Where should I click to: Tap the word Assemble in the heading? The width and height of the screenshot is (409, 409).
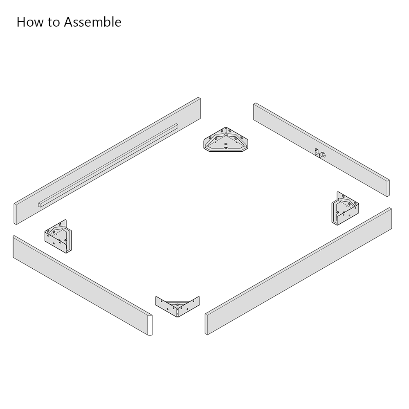click(x=93, y=22)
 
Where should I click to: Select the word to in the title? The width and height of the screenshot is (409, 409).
click(x=54, y=22)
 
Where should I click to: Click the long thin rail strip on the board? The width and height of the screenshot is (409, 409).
click(x=108, y=165)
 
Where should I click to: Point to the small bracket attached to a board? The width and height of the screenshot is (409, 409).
click(x=320, y=153)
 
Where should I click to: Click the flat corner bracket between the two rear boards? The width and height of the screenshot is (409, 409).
click(x=226, y=139)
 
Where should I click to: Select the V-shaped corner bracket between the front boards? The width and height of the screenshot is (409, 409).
click(x=178, y=306)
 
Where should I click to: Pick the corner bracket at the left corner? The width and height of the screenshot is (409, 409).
click(x=58, y=236)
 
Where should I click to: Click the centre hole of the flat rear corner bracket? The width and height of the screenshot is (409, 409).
click(x=226, y=144)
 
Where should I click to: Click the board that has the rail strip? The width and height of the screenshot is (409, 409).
click(x=107, y=161)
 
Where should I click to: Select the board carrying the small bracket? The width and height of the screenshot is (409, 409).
click(x=321, y=149)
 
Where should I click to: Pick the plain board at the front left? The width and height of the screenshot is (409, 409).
click(x=83, y=285)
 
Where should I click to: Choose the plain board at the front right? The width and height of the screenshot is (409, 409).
click(x=299, y=271)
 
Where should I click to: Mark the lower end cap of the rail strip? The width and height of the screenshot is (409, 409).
click(x=40, y=204)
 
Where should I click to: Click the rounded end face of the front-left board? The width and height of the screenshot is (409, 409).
click(x=150, y=325)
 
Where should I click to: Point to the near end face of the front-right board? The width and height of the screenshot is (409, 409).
click(x=207, y=324)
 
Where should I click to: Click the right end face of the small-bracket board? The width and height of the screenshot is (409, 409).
click(x=388, y=188)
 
